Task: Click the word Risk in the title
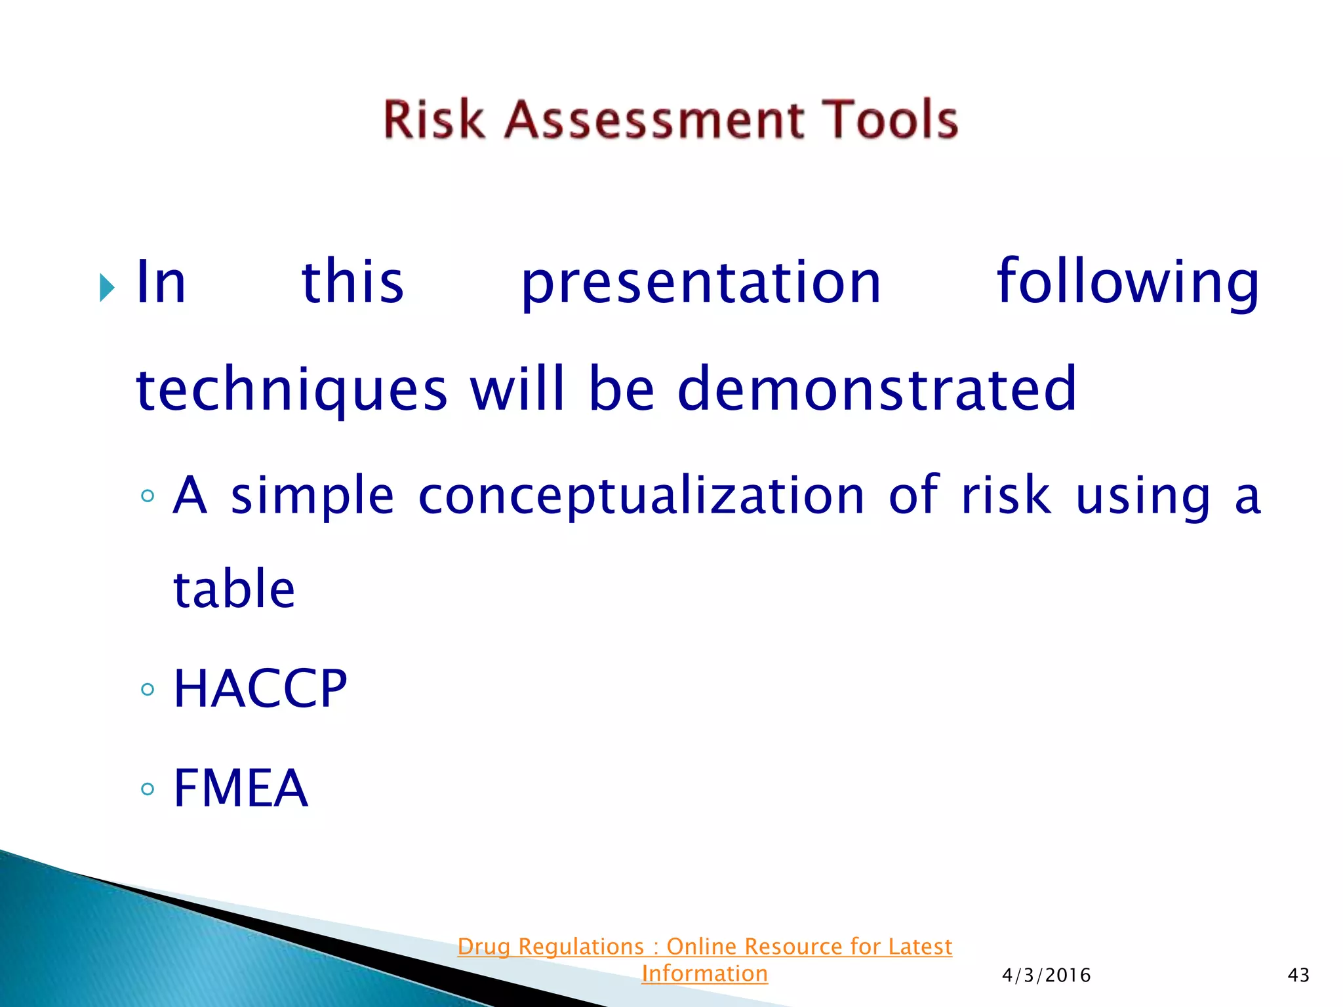point(433,120)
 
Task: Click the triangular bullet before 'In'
point(107,287)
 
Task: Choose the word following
point(1127,283)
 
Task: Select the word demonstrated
point(877,389)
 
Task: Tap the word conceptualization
point(641,496)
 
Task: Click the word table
point(234,589)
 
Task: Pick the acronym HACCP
point(260,689)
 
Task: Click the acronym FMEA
point(240,788)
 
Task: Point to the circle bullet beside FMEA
point(148,789)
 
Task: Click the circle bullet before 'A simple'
point(148,496)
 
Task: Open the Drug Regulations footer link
point(704,947)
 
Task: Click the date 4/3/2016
point(1046,976)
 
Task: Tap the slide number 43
point(1298,976)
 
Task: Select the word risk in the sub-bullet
point(1006,496)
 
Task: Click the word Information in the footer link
point(704,974)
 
